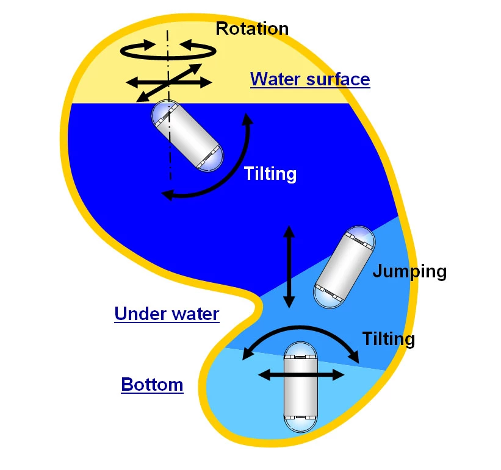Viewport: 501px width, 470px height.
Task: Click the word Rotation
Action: point(252,28)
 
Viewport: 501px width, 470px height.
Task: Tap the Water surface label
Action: point(310,79)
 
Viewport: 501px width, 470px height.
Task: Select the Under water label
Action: point(167,314)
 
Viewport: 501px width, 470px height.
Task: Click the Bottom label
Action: point(152,385)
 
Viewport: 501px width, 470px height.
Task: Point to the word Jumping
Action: point(409,271)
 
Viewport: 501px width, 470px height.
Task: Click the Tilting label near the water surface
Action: point(270,174)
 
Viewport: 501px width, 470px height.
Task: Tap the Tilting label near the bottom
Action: point(388,338)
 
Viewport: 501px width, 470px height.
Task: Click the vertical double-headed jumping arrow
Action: point(289,266)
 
